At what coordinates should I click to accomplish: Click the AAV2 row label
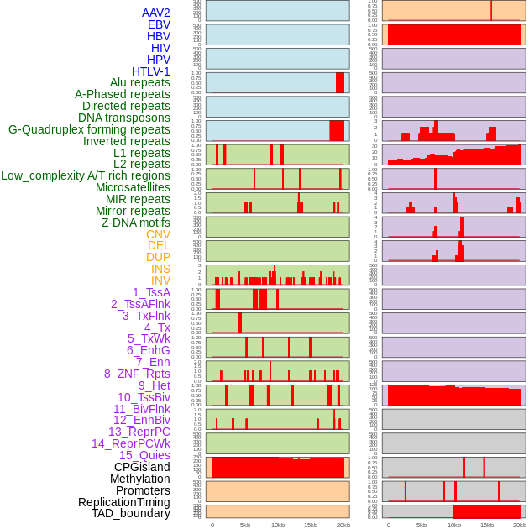[x=156, y=13]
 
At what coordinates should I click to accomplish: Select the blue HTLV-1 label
[x=151, y=71]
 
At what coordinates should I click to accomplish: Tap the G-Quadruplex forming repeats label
[x=89, y=129]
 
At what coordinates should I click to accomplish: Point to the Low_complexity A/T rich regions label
[x=86, y=175]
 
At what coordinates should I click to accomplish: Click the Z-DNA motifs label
[x=136, y=223]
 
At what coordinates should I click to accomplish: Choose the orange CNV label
[x=158, y=234]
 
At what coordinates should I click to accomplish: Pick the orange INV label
[x=160, y=280]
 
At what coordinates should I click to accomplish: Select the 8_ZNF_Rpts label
[x=137, y=374]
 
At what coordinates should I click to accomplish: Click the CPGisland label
[x=142, y=467]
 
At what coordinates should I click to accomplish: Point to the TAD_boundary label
[x=131, y=513]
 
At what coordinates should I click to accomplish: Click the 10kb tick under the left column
[x=278, y=525]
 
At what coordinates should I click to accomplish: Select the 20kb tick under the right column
[x=520, y=525]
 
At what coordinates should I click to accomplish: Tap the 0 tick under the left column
[x=212, y=525]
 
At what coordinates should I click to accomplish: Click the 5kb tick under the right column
[x=421, y=525]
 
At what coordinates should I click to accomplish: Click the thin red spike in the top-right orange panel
[x=491, y=9]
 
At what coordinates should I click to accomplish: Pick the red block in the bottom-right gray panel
[x=486, y=511]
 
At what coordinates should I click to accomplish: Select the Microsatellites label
[x=133, y=187]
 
